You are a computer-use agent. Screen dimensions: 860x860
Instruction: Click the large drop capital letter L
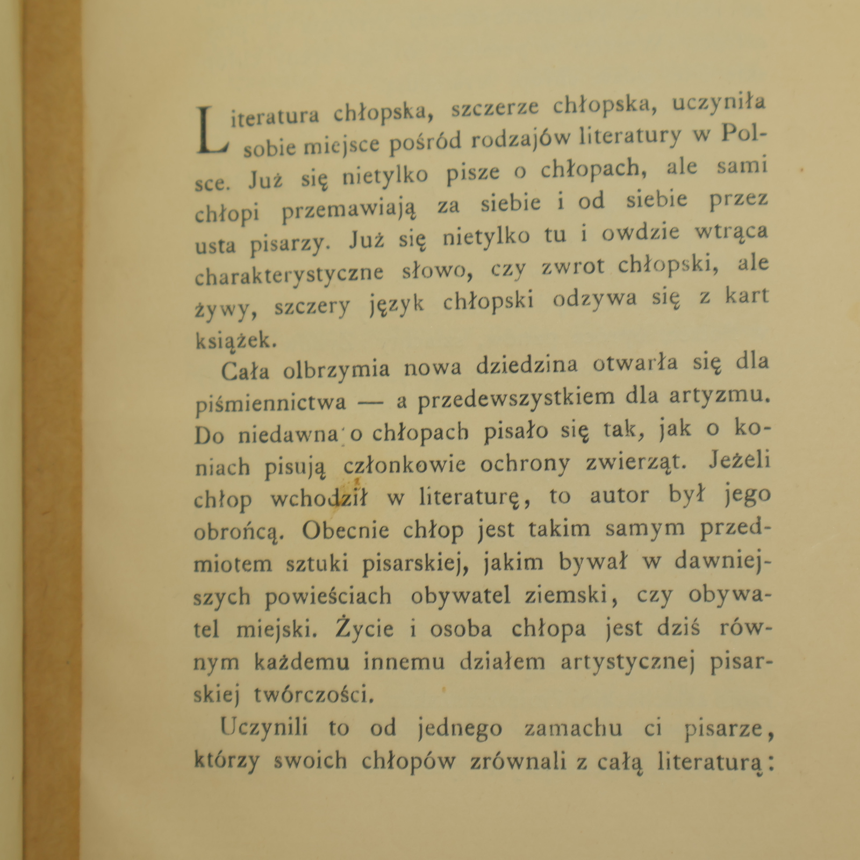coord(213,130)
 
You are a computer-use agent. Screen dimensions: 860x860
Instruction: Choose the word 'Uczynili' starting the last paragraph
coord(264,728)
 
